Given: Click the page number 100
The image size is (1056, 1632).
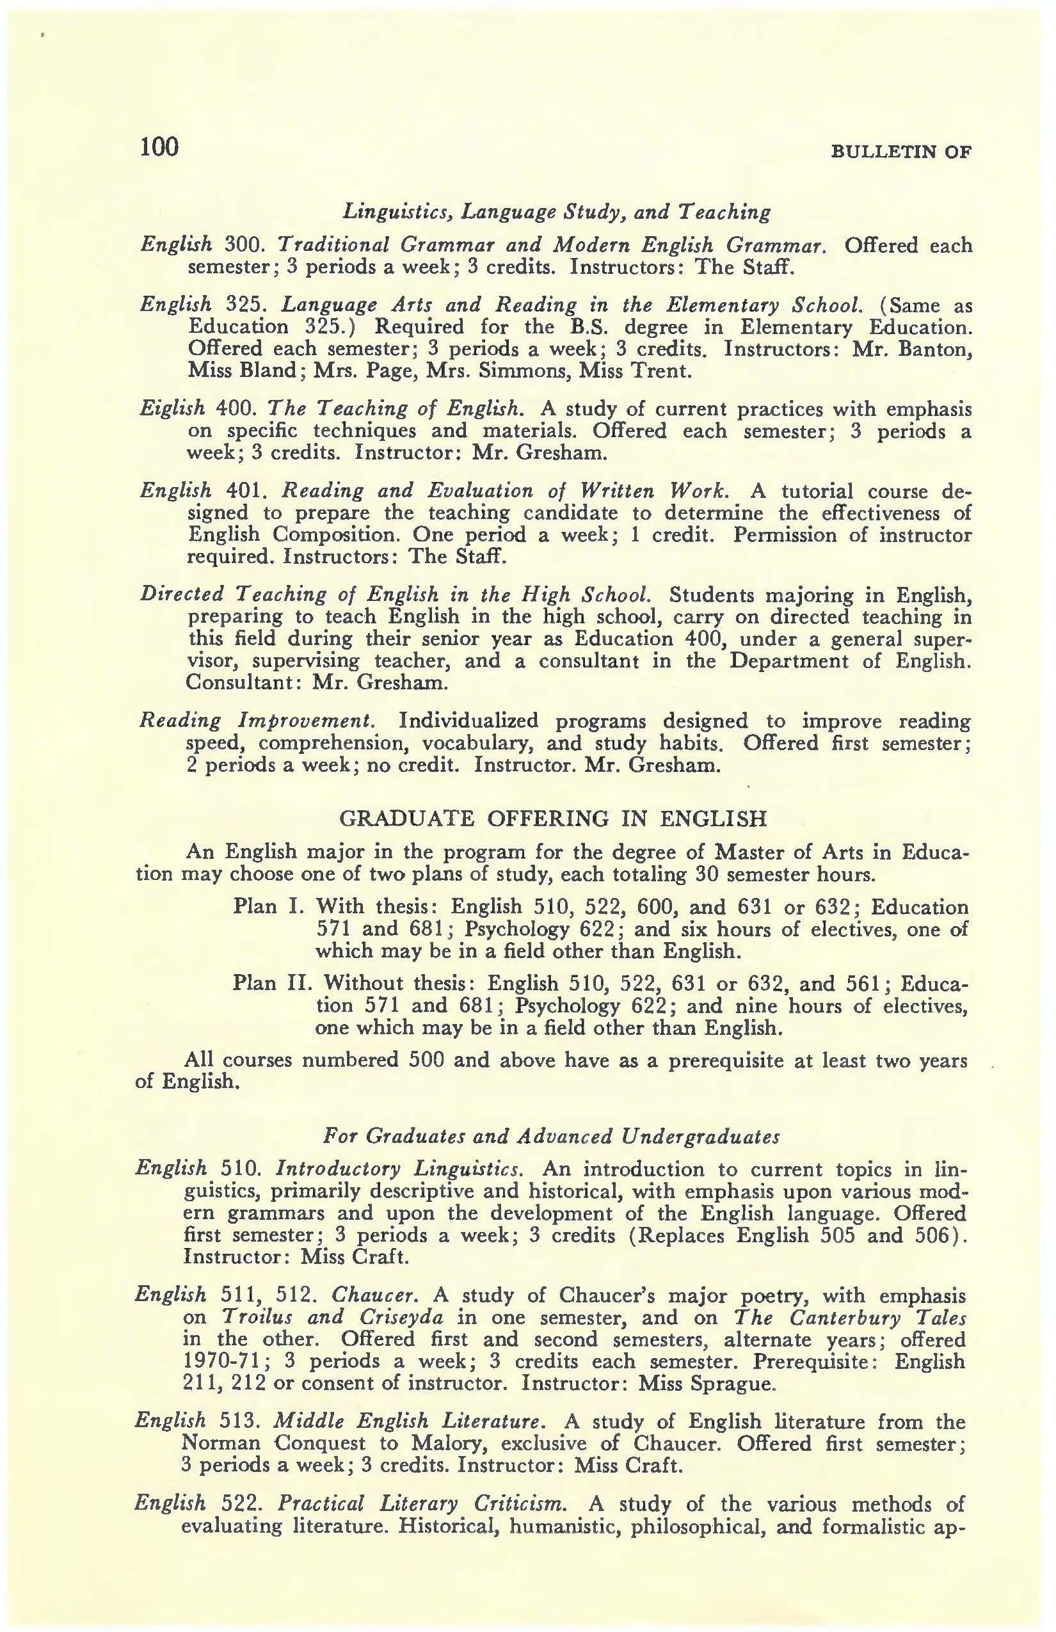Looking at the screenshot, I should [x=159, y=147].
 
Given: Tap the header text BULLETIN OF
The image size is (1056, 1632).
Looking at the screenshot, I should [x=900, y=152].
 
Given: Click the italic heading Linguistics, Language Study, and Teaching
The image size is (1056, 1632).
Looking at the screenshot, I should [x=556, y=212].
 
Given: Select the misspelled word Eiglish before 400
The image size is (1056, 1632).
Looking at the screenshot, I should [x=172, y=409].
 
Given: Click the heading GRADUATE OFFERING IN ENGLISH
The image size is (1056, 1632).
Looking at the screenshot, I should [x=554, y=819].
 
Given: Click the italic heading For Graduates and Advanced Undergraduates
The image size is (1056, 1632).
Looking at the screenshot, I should [x=551, y=1137].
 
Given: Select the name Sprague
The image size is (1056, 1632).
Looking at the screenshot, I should [x=737, y=1383].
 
